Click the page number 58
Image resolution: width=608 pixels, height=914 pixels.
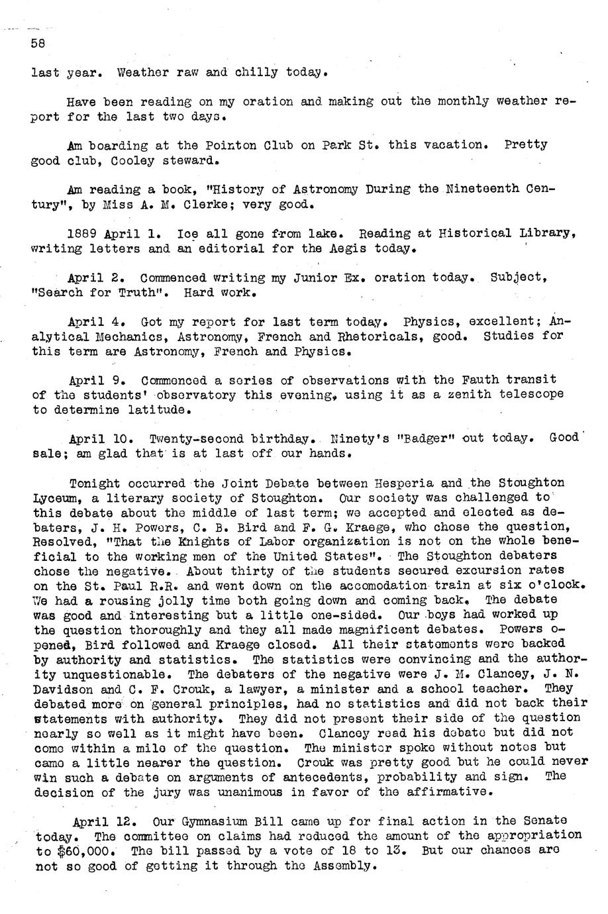(37, 42)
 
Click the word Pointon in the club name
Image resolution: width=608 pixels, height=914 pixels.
(228, 145)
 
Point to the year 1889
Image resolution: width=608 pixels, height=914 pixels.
(83, 234)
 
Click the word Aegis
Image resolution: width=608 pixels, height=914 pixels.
(344, 249)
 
